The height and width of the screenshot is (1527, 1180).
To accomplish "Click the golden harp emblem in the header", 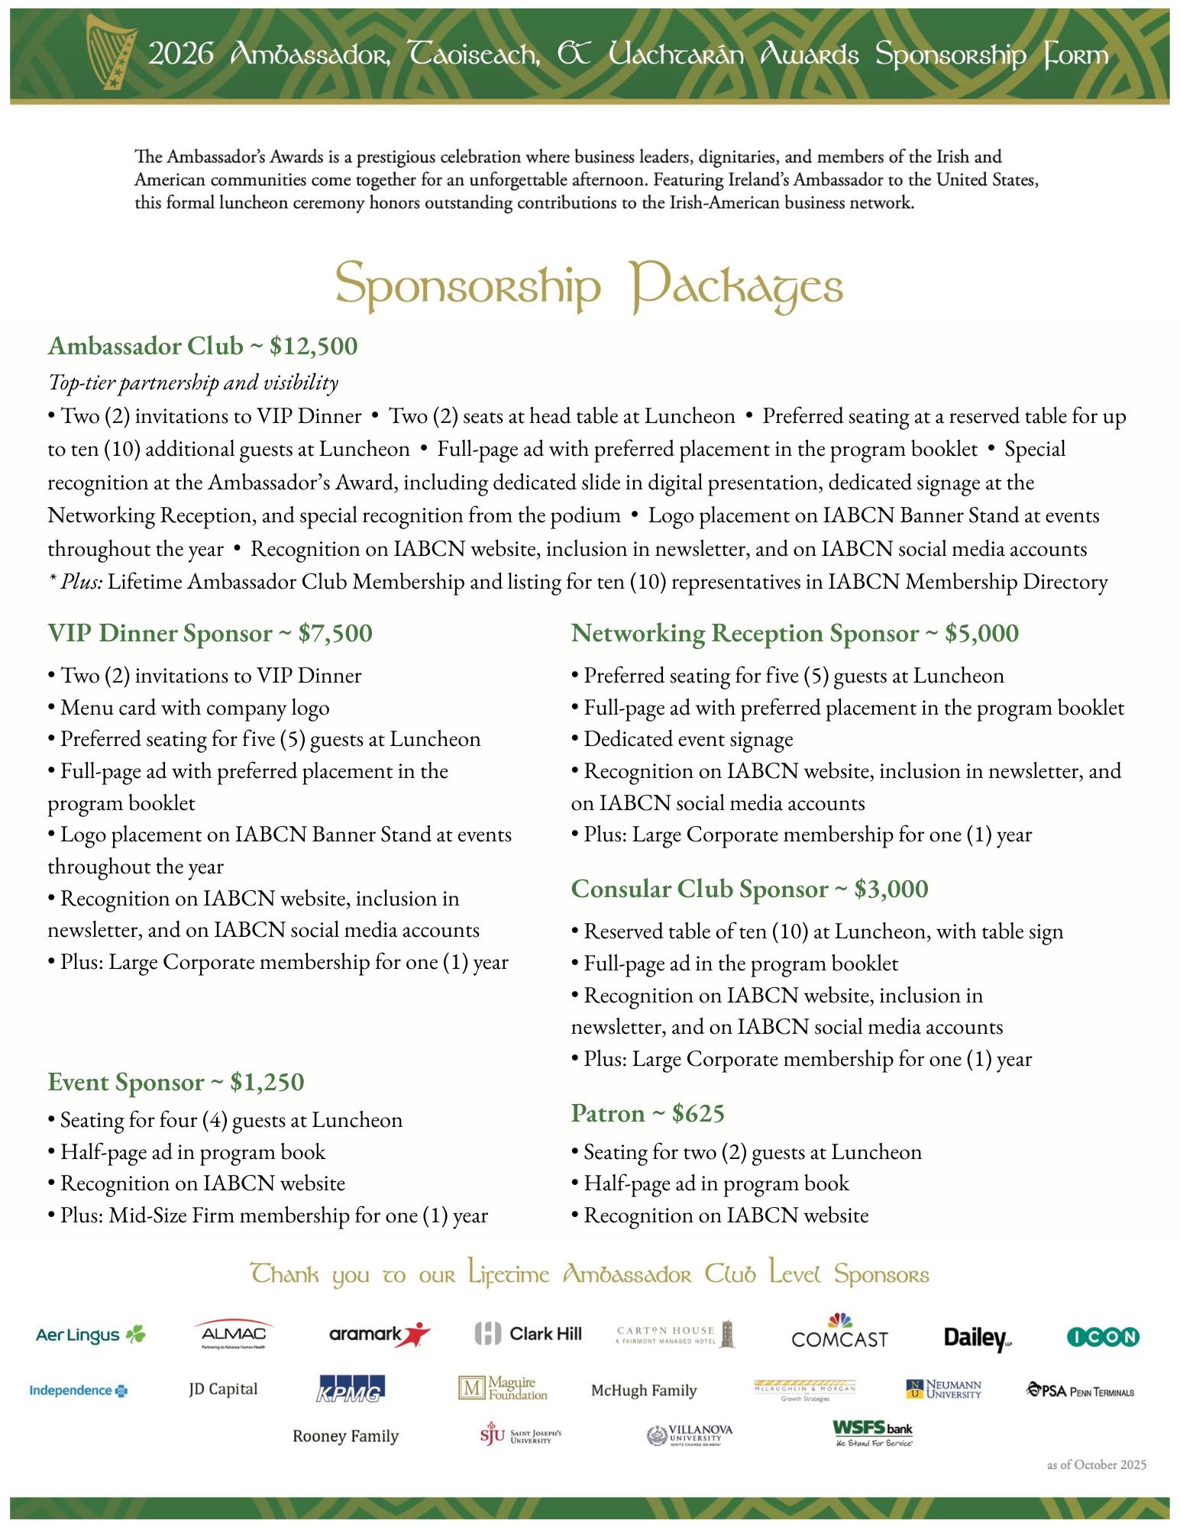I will click(x=111, y=52).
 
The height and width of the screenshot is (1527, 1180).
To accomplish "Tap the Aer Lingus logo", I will click(x=90, y=1335).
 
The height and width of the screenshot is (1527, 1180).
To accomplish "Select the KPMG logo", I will click(x=351, y=1390).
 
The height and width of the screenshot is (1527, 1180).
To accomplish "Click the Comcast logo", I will click(x=839, y=1333).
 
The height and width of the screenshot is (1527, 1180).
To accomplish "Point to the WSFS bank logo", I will click(x=872, y=1433).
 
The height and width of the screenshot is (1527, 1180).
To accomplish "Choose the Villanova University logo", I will click(x=689, y=1435).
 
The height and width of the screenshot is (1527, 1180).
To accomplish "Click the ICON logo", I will click(x=1102, y=1337).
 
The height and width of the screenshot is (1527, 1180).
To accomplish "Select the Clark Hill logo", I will click(x=528, y=1334).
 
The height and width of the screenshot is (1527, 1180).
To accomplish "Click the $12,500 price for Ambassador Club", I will click(x=313, y=346).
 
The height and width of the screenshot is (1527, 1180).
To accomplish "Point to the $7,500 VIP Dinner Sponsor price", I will click(x=335, y=633).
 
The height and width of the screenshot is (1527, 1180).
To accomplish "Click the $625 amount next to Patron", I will click(x=698, y=1113).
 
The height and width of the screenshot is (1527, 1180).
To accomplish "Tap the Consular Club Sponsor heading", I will click(x=699, y=889).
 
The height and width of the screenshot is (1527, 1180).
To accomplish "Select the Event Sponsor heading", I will click(x=125, y=1082).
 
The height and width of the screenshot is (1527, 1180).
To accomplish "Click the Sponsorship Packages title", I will click(x=589, y=286).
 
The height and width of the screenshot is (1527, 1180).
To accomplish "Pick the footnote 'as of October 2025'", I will click(x=1096, y=1464).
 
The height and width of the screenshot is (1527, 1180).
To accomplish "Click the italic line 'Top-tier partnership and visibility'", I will click(x=193, y=382).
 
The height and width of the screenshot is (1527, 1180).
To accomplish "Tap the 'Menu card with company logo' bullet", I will click(x=195, y=708).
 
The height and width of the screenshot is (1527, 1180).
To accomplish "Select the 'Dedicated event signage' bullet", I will click(x=688, y=739).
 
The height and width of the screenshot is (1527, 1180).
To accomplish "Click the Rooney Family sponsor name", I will click(x=345, y=1436).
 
